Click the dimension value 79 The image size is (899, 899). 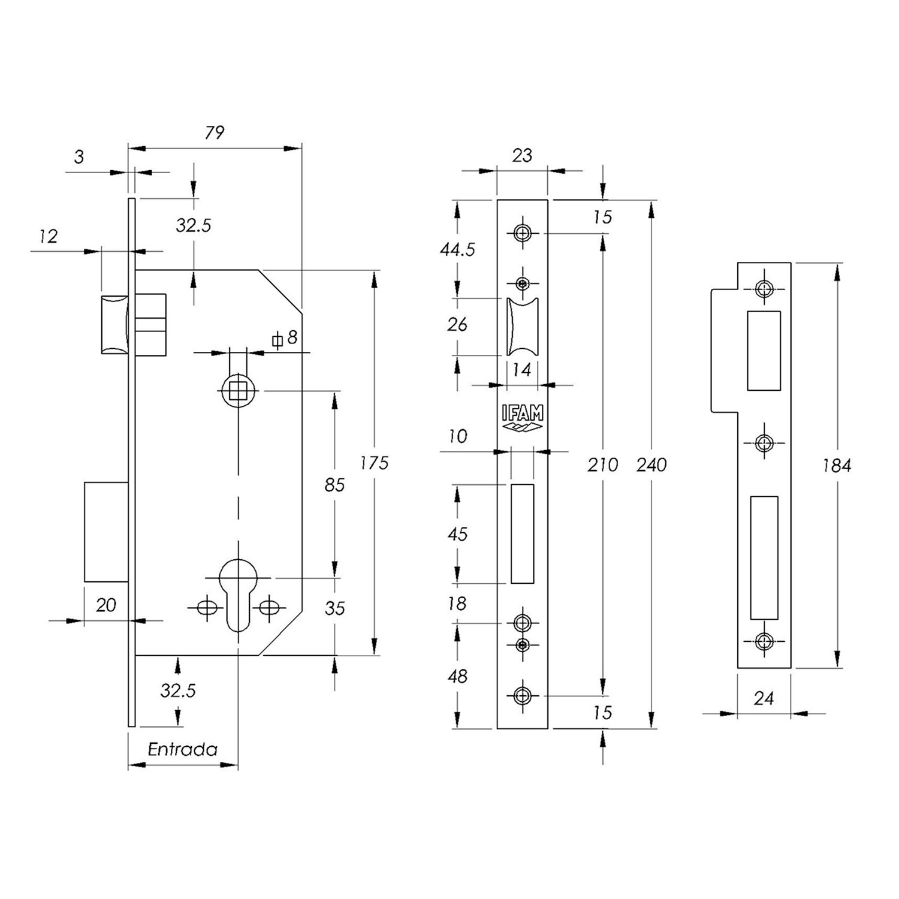click(214, 132)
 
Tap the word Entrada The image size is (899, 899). click(182, 749)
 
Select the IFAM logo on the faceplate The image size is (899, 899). click(522, 418)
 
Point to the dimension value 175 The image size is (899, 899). click(374, 463)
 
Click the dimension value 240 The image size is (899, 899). click(652, 464)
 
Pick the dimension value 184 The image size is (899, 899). click(837, 465)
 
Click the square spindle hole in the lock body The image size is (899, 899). click(238, 391)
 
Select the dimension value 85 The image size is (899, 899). click(334, 485)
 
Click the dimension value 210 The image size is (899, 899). click(602, 464)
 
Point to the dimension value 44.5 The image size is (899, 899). click(457, 250)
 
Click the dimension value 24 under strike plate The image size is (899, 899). click(764, 698)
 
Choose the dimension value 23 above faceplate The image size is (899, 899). click(522, 155)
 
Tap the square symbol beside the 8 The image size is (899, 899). click(277, 341)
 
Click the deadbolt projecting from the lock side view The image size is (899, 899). click(106, 532)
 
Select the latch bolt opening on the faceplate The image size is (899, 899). click(522, 327)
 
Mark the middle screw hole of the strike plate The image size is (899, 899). click(764, 443)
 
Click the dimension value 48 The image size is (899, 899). click(457, 677)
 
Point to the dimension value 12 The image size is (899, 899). click(48, 236)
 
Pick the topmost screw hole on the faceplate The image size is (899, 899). click(523, 232)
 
